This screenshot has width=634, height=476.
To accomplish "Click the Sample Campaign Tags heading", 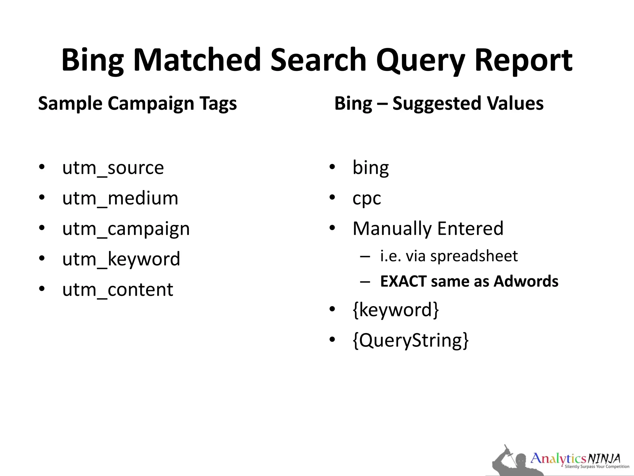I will coord(137,104).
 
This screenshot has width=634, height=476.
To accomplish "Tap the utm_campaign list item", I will coord(126,229).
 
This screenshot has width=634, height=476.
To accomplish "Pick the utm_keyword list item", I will coord(121,259).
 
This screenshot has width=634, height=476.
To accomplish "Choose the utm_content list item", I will coord(118,289).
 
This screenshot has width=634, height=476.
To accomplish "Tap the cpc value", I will coord(367,199).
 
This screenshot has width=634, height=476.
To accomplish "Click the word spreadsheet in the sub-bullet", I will coord(474,256).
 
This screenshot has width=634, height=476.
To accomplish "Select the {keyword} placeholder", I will coord(396,310).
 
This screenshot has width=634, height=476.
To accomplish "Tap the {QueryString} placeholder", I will coord(410,340).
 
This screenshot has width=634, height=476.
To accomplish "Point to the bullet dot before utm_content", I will coord(42,289).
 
